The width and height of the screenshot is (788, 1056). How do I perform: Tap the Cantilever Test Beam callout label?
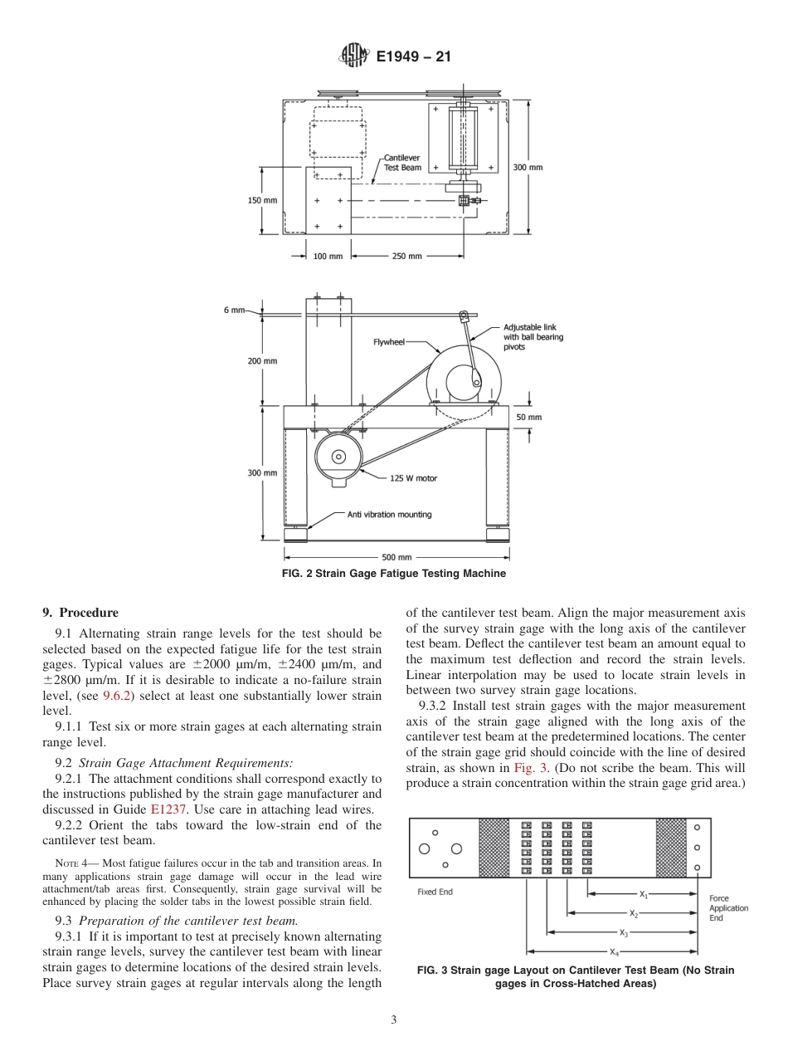pyautogui.click(x=402, y=163)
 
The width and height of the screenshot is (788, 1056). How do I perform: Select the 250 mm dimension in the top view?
pyautogui.click(x=406, y=257)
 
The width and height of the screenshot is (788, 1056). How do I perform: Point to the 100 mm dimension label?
pyautogui.click(x=328, y=257)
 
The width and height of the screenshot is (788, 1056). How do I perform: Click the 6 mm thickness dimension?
pyautogui.click(x=234, y=310)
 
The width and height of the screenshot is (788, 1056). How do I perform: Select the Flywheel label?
pyautogui.click(x=389, y=342)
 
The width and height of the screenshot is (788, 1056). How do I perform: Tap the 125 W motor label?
pyautogui.click(x=413, y=478)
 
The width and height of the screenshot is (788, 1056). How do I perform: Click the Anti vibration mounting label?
pyautogui.click(x=389, y=515)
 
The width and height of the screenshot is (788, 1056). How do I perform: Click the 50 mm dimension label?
pyautogui.click(x=528, y=417)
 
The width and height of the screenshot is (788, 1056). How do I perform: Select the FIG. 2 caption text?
pyautogui.click(x=394, y=574)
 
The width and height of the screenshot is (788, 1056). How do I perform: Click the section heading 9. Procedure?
pyautogui.click(x=80, y=613)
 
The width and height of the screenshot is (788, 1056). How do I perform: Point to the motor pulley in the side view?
pyautogui.click(x=338, y=457)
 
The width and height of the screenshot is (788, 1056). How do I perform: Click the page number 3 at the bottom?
pyautogui.click(x=394, y=1020)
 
